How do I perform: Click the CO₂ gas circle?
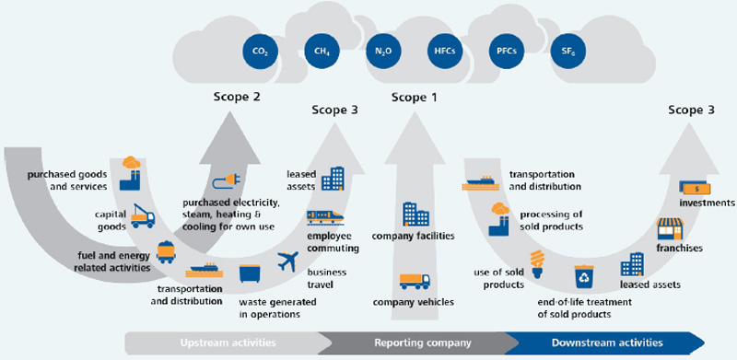261,51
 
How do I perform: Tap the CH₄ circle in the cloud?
322,51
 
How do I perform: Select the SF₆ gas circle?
567,51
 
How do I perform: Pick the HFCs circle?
445,51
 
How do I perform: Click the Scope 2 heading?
237,98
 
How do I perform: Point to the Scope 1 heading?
415,98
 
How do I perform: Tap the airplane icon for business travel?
287,261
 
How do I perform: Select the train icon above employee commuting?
325,216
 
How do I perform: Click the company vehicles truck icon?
415,281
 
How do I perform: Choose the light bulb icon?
537,263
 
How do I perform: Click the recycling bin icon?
584,276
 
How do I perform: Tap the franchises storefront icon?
670,229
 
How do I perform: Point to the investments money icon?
695,189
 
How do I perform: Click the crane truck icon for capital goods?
143,215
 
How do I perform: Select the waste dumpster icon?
250,273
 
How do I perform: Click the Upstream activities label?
228,343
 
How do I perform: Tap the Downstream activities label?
607,343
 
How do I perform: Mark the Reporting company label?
423,343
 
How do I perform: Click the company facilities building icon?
416,215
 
